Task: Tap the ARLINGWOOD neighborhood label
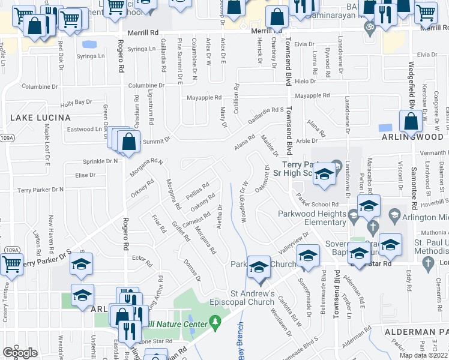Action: click(415, 137)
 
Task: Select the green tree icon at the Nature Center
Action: click(215, 325)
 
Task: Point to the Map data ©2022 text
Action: click(423, 355)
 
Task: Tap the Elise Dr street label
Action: click(85, 175)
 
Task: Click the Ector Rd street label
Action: click(142, 260)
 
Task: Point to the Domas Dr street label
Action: click(191, 269)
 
